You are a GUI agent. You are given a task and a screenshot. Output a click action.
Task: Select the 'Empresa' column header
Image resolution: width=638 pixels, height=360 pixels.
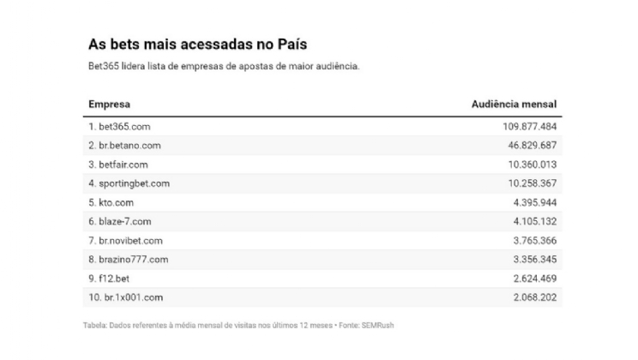pos(109,105)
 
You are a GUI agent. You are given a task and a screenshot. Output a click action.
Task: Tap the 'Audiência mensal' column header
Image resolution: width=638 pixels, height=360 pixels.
pos(515,105)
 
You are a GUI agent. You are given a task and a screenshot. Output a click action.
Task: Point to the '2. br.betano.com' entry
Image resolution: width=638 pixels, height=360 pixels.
pos(124,146)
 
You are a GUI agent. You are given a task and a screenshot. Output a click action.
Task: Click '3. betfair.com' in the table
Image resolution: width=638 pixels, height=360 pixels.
pos(119,165)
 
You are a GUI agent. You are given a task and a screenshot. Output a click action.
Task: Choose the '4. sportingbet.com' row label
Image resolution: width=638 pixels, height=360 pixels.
pos(129,183)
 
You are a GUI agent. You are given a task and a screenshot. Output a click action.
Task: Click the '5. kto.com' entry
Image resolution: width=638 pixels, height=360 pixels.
pos(111,202)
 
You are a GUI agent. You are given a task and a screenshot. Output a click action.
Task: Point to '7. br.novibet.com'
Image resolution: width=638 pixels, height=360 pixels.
pos(125,240)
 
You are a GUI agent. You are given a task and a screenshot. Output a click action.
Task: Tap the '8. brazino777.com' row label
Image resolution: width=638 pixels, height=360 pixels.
pos(128,259)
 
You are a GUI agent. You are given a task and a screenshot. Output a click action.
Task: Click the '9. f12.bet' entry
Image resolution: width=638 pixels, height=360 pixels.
pos(108,278)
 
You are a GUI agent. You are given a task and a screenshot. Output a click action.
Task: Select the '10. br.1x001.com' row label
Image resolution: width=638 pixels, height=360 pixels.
pos(125,297)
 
